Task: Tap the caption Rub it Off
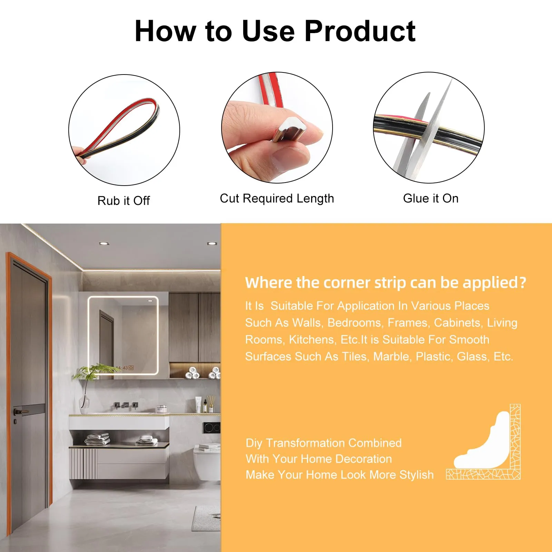[124, 200]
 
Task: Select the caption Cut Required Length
[277, 198]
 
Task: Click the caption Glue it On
[431, 198]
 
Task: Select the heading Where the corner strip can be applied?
[386, 283]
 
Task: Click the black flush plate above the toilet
[211, 428]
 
